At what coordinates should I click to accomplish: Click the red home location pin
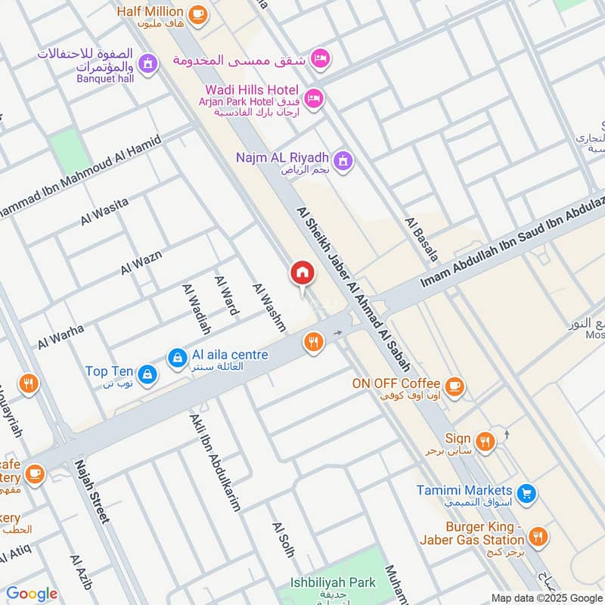[x=302, y=274]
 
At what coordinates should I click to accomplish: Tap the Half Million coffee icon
[x=197, y=14]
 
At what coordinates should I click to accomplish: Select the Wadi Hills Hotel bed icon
[x=315, y=98]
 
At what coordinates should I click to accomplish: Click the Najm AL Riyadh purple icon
[x=344, y=160]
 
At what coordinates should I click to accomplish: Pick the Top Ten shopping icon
[x=147, y=373]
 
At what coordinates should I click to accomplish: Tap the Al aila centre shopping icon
[x=177, y=357]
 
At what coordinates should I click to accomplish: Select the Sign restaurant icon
[x=485, y=441]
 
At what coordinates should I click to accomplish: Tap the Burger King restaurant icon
[x=538, y=538]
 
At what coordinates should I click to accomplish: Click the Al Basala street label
[x=421, y=239]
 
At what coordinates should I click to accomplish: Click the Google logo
[x=32, y=594]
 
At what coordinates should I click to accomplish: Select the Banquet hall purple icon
[x=147, y=62]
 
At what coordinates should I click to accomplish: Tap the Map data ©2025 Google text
[x=545, y=597]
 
